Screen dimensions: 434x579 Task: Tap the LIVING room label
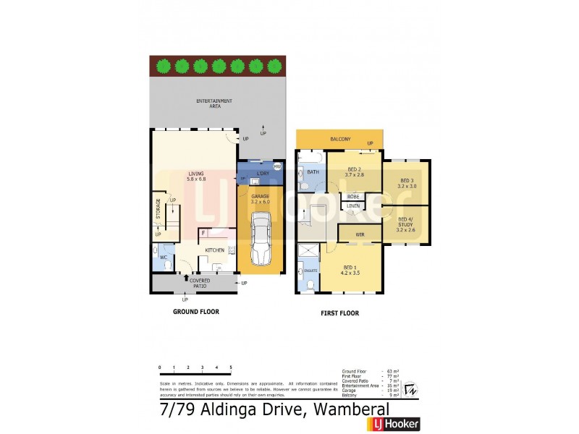(x=196, y=176)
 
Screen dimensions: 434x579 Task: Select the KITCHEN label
(x=215, y=250)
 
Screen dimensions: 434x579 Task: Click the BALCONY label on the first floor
(x=340, y=139)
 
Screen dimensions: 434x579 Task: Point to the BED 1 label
(x=351, y=270)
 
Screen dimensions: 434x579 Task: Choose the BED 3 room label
(x=406, y=183)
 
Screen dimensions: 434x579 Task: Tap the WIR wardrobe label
(x=359, y=234)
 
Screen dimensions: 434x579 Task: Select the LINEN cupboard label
(x=353, y=206)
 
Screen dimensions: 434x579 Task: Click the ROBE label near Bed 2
(x=353, y=196)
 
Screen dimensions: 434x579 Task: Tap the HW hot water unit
(x=276, y=166)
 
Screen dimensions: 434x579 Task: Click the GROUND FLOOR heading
(x=195, y=312)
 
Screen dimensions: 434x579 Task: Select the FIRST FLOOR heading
(x=339, y=314)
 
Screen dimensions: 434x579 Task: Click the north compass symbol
(x=410, y=390)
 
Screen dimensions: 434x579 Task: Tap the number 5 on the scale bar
(x=231, y=367)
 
